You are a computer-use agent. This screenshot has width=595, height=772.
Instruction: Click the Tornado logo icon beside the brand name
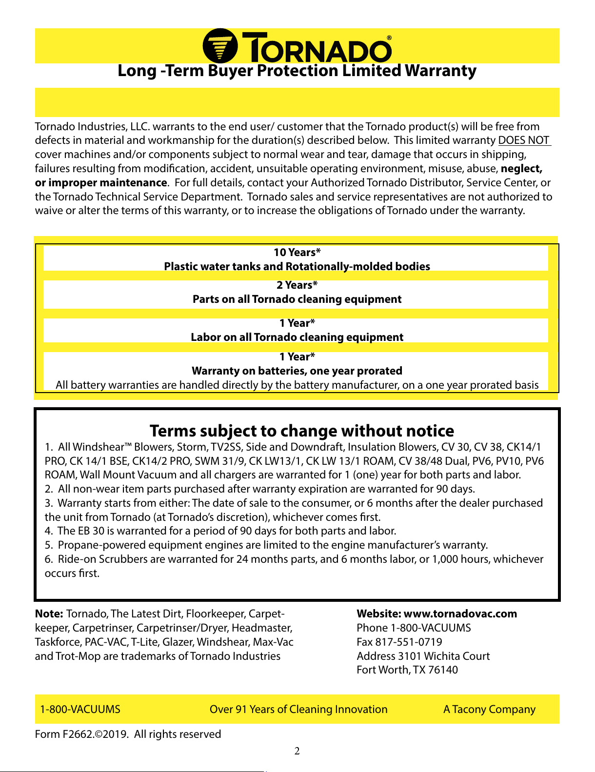(x=220, y=46)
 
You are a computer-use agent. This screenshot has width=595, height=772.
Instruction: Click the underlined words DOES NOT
(x=524, y=140)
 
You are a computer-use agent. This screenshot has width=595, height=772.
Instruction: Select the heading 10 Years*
(x=297, y=253)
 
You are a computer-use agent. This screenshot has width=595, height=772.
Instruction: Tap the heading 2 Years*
(x=297, y=285)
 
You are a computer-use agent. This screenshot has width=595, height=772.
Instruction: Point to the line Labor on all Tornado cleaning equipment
(x=297, y=337)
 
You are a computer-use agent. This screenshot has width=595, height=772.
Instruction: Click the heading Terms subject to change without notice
(x=302, y=431)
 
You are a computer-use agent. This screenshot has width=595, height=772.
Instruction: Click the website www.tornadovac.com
(x=460, y=614)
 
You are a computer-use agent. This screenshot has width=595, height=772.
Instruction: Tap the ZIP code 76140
(x=443, y=670)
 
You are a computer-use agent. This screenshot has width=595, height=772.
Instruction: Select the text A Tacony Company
(x=489, y=710)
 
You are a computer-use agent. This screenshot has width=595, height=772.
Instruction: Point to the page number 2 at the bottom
(x=297, y=751)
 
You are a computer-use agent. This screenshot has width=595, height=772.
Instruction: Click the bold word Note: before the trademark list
(x=49, y=614)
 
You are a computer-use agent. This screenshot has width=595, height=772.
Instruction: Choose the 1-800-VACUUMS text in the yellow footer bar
(x=80, y=710)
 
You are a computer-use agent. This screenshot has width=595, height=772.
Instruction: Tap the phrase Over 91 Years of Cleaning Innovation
(x=298, y=710)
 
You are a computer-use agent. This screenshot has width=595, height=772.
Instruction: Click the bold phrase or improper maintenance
(x=101, y=183)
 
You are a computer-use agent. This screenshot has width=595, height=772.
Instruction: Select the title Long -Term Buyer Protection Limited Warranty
(x=297, y=71)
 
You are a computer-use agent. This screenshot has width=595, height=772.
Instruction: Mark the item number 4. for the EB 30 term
(x=49, y=531)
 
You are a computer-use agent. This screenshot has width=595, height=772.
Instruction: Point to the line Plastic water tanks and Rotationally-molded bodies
(x=297, y=267)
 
